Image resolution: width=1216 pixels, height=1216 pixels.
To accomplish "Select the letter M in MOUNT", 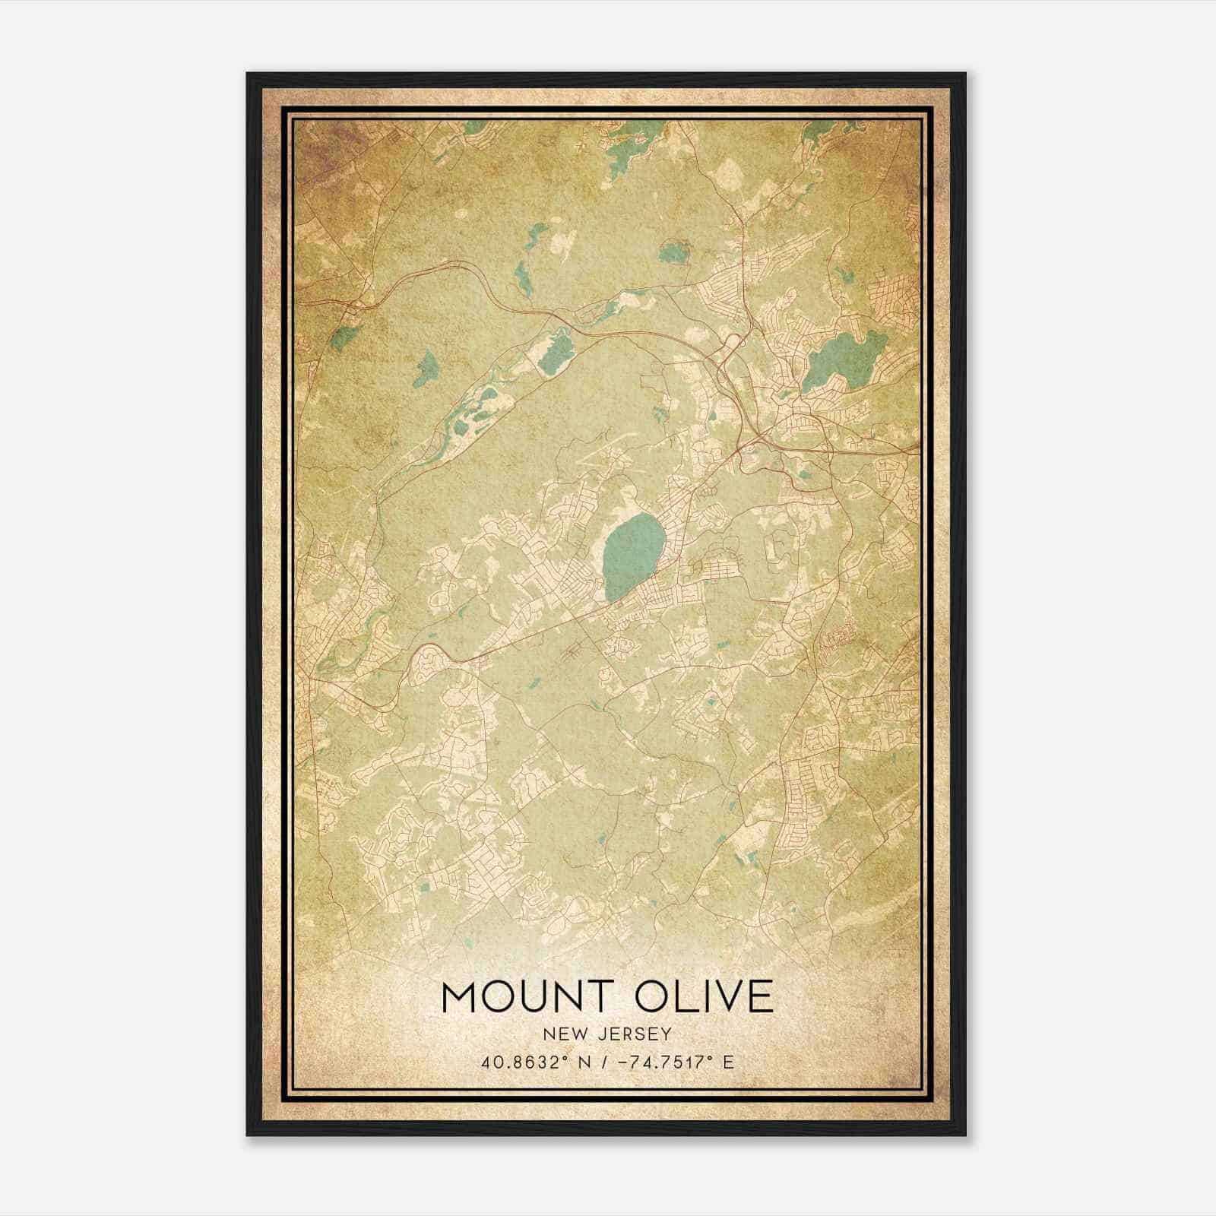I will click(458, 996).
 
